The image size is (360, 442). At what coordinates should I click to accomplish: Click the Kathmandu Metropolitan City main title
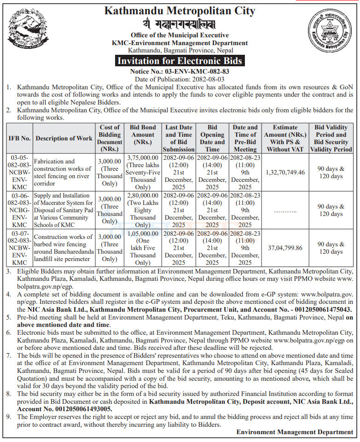coord(180,10)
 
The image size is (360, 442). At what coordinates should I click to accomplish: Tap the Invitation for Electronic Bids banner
coord(180,61)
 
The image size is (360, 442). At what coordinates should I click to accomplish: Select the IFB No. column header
coord(19,138)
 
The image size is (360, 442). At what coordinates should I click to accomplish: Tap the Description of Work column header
coord(64,138)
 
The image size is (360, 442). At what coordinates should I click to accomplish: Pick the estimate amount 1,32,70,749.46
coord(285,172)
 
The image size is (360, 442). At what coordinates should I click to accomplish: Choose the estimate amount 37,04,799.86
coord(285,248)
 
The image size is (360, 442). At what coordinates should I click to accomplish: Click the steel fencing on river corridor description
coord(64,172)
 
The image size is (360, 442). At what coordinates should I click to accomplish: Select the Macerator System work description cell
coord(64,210)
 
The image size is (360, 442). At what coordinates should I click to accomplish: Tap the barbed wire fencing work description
coord(64,248)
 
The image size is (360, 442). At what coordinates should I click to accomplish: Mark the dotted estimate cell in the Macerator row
coord(285,210)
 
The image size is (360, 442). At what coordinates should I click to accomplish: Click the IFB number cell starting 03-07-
coord(19,248)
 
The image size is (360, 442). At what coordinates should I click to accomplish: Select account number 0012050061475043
coord(314,309)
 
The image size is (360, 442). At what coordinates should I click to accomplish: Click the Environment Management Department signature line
coord(295,432)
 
